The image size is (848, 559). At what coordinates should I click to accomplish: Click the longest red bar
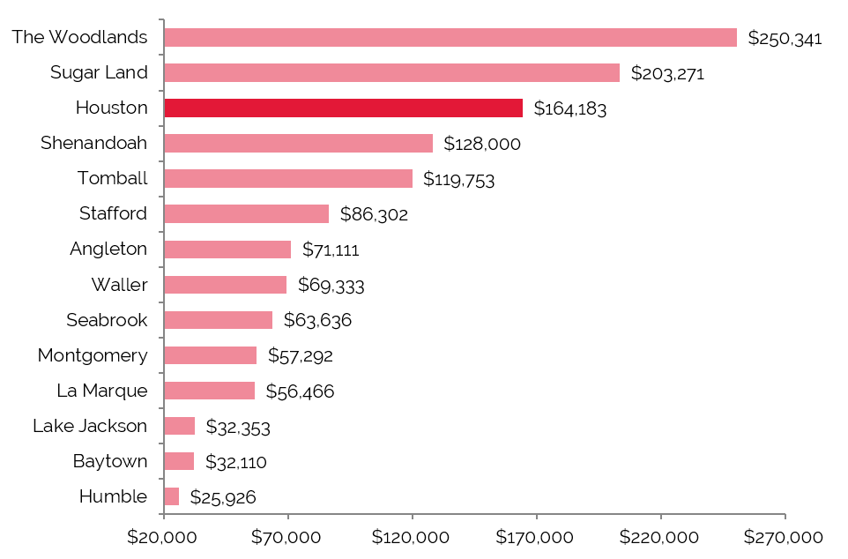pos(450,37)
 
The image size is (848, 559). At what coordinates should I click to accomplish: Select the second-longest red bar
pos(391,72)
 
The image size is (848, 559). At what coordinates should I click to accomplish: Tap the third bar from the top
pos(343,108)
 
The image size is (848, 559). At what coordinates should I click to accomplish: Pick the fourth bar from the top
pos(298,143)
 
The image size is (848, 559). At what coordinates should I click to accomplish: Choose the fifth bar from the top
pos(287,178)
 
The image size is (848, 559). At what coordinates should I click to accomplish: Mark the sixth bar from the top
pos(246,213)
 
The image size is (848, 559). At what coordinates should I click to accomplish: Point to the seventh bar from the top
pos(227,250)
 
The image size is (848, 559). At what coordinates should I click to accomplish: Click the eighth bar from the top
pos(225,285)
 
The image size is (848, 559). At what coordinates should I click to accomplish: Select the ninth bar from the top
pos(218,320)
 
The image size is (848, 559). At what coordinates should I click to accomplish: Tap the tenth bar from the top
pos(210,355)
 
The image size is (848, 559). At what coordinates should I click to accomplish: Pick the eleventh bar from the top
pos(209,391)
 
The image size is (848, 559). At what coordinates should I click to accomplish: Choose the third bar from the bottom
pos(179,426)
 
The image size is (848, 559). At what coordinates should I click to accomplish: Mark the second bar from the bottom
pos(179,461)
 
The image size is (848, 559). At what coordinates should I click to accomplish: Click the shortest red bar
pos(171,496)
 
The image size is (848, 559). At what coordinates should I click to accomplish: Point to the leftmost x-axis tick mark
pos(164,517)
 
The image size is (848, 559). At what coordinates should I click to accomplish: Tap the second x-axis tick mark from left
pos(288,517)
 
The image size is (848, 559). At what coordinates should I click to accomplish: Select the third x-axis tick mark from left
pos(413,517)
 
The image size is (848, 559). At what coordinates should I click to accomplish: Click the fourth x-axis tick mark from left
pos(537,517)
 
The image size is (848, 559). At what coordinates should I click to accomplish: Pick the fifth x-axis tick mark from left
pos(661,517)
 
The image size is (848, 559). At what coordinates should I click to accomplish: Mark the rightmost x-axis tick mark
pos(785,517)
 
